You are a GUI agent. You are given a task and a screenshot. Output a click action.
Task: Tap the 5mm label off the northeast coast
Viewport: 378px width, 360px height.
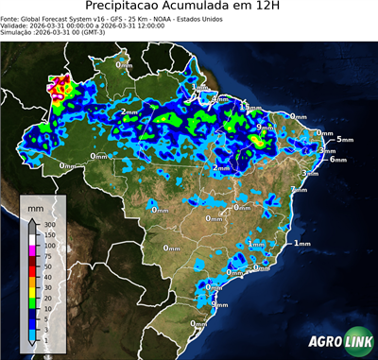(x=344, y=139)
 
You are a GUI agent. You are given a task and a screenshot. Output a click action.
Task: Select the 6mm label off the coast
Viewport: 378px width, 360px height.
(x=337, y=160)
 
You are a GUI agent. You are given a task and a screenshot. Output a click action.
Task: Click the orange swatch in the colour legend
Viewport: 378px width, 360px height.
(x=32, y=282)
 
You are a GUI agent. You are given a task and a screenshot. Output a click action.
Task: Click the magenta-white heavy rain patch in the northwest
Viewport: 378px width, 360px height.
(x=61, y=87)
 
